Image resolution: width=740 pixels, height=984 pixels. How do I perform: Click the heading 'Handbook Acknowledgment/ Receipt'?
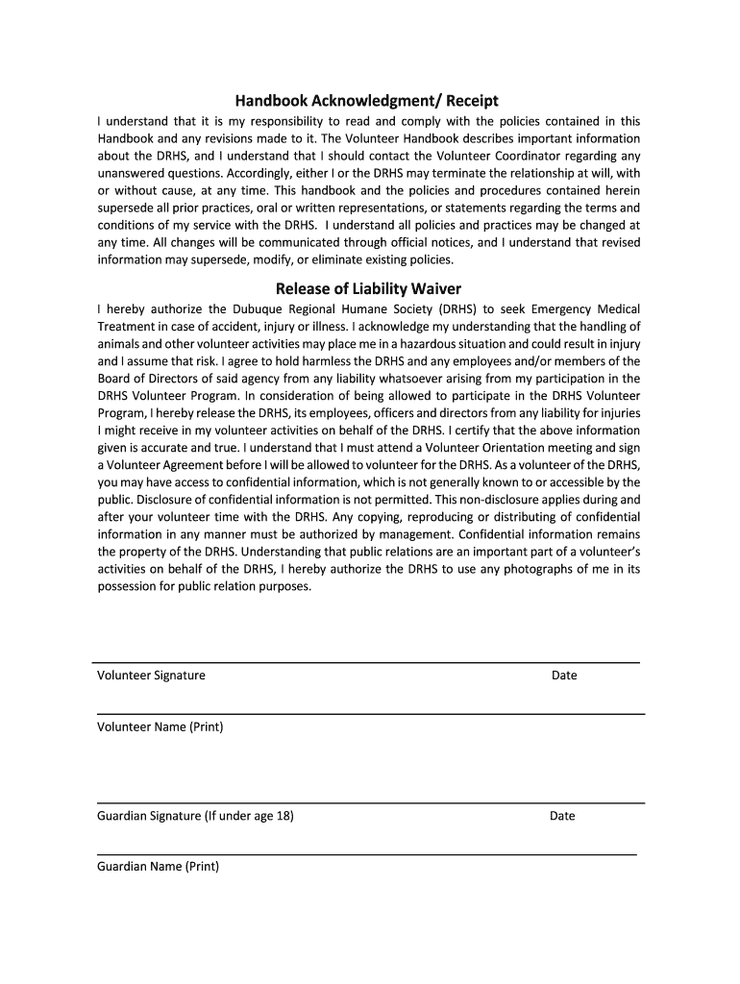369,101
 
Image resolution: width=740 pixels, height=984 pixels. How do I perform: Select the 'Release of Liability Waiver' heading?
369,287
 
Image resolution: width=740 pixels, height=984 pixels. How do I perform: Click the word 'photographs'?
539,569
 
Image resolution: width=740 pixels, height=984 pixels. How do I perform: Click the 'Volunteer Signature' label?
151,676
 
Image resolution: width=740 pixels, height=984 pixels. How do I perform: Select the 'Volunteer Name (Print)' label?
160,727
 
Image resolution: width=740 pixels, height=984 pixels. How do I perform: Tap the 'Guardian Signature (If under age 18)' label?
195,817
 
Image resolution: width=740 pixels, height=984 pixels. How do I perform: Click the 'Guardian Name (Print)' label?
158,867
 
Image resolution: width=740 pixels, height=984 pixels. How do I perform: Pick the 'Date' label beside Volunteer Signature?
564,676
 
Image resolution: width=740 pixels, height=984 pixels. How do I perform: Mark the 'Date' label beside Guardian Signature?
562,817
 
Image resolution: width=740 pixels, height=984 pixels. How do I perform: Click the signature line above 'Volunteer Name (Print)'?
370,714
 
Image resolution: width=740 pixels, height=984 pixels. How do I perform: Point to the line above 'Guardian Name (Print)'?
365,853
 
